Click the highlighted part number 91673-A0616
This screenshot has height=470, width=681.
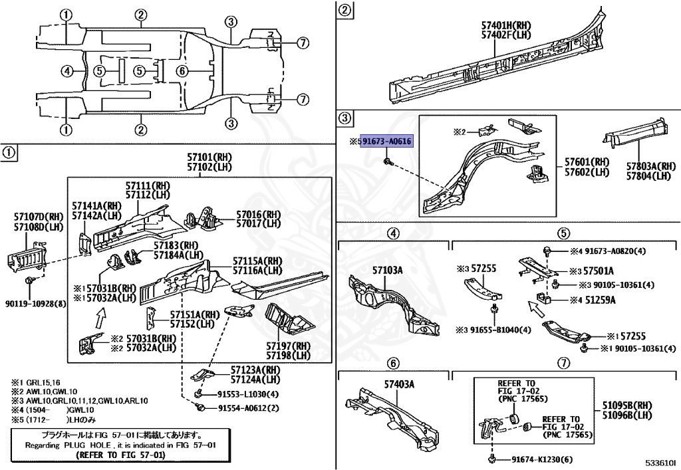[x=388, y=141]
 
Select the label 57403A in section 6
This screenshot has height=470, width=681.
[x=399, y=384]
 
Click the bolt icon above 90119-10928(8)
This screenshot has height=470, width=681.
[x=29, y=282]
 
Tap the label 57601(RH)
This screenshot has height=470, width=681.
[x=587, y=162]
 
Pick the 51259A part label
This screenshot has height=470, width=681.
[x=601, y=300]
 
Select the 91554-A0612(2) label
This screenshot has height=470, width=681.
[x=248, y=408]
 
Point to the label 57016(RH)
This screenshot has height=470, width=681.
[x=259, y=215]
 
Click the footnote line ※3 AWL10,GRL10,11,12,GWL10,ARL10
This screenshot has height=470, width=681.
[x=80, y=401]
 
